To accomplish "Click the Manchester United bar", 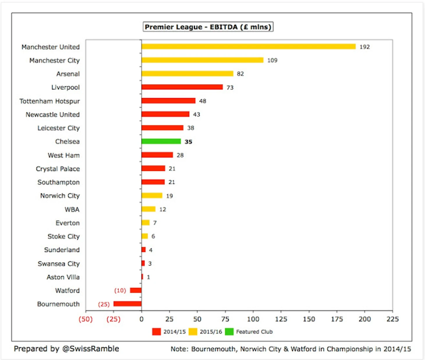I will point(248,47).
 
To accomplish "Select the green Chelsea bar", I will point(161,141).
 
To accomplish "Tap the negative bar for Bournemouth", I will point(127,304).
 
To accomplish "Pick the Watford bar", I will point(136,290).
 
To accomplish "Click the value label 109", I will point(272,60).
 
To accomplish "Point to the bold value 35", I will point(188,142).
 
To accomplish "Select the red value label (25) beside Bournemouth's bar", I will point(104,304).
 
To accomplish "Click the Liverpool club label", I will point(65,87).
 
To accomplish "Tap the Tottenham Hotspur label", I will point(49,101).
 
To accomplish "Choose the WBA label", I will point(72,209).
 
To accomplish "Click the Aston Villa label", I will point(63,277).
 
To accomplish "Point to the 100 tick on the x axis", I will point(253,319).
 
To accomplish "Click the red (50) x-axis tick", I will point(86,319).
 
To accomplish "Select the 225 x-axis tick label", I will point(392,319).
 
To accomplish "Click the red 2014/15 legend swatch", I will point(156,331).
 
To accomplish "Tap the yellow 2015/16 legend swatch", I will point(193,331).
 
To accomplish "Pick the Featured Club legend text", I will point(254,332).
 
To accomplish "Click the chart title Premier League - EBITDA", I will point(208,27).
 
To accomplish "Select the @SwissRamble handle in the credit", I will point(91,349).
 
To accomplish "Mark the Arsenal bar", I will point(187,74).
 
